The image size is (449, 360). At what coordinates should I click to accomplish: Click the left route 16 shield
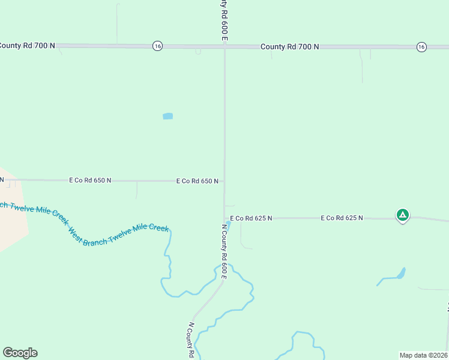157,46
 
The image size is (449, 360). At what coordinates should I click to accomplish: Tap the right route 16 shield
422,47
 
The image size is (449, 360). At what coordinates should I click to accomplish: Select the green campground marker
402,215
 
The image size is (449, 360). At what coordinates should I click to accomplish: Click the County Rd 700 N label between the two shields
289,47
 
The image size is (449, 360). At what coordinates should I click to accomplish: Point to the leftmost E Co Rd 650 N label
90,180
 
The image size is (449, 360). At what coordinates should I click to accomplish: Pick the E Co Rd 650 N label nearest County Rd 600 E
197,181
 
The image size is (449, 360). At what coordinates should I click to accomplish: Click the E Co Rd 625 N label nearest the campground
342,218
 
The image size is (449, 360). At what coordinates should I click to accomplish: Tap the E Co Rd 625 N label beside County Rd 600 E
251,218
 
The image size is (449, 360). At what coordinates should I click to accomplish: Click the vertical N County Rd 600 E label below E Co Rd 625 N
224,251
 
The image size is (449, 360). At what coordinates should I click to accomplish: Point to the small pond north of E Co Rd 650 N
167,116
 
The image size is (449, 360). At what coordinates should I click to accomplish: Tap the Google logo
20,353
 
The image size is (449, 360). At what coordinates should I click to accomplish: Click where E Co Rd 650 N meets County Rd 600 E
224,181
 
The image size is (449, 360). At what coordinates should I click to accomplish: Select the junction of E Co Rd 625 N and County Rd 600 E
224,218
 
